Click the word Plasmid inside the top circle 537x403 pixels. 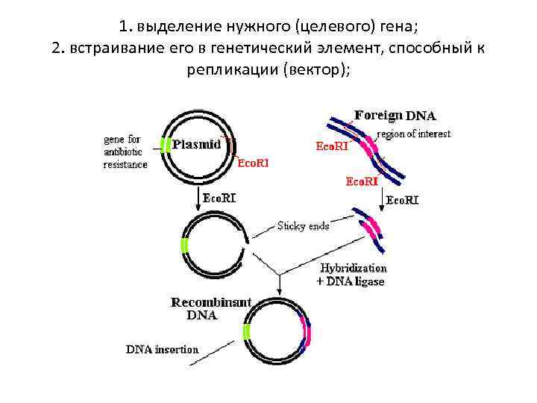196,145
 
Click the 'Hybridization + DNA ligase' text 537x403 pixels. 353,274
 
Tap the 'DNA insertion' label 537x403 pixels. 162,349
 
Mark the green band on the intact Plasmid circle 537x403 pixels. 163,146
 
